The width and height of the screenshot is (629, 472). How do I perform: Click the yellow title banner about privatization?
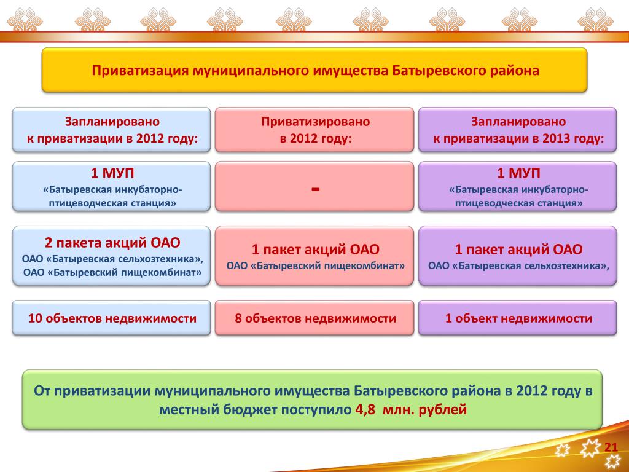314,70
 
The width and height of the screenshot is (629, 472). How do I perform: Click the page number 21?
611,447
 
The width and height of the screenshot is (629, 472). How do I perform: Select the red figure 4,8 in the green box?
365,410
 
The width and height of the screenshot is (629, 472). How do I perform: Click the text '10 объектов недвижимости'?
112,318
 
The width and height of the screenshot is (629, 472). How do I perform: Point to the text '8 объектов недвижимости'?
315,318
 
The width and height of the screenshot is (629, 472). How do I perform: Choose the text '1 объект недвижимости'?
518,318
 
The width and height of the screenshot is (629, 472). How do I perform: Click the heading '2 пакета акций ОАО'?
112,242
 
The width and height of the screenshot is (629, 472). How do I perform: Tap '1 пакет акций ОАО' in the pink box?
315,250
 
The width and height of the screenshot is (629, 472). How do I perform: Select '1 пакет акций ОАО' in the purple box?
518,250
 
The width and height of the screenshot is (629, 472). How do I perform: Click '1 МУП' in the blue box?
112,173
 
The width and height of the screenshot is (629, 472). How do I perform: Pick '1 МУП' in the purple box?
518,173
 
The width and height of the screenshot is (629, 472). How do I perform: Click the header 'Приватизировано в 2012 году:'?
315,130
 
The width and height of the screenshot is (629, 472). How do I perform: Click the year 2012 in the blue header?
150,138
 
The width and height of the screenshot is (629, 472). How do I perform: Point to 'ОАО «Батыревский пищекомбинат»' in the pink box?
315,265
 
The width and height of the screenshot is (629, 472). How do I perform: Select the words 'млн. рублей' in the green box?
425,410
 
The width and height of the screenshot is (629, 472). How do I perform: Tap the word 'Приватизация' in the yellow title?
140,71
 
